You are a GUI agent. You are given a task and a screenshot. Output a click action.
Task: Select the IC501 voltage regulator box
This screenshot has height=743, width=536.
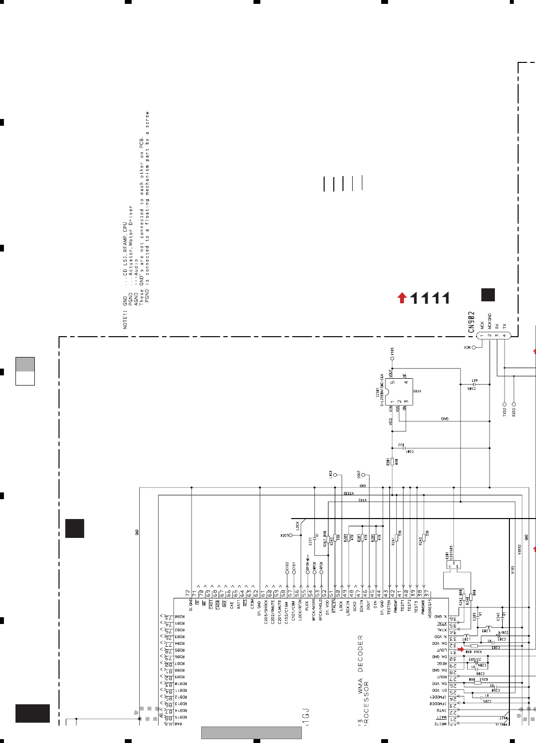point(400,391)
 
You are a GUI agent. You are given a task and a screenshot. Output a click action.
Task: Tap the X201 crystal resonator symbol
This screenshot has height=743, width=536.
point(454,565)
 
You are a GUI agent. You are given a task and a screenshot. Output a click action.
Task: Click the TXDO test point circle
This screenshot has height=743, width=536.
point(504,404)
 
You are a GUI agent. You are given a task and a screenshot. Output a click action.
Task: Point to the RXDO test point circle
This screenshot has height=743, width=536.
point(514,404)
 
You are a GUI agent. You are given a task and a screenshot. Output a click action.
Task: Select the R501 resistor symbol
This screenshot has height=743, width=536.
point(392,462)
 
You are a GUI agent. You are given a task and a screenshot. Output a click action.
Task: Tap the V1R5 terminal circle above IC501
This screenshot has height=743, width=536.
point(392,358)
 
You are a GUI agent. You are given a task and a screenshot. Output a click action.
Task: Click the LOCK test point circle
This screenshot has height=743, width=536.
point(291,535)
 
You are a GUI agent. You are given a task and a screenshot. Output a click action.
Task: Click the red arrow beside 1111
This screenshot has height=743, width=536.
point(402,297)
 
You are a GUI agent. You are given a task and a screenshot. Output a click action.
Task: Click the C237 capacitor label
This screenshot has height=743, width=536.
point(310,541)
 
